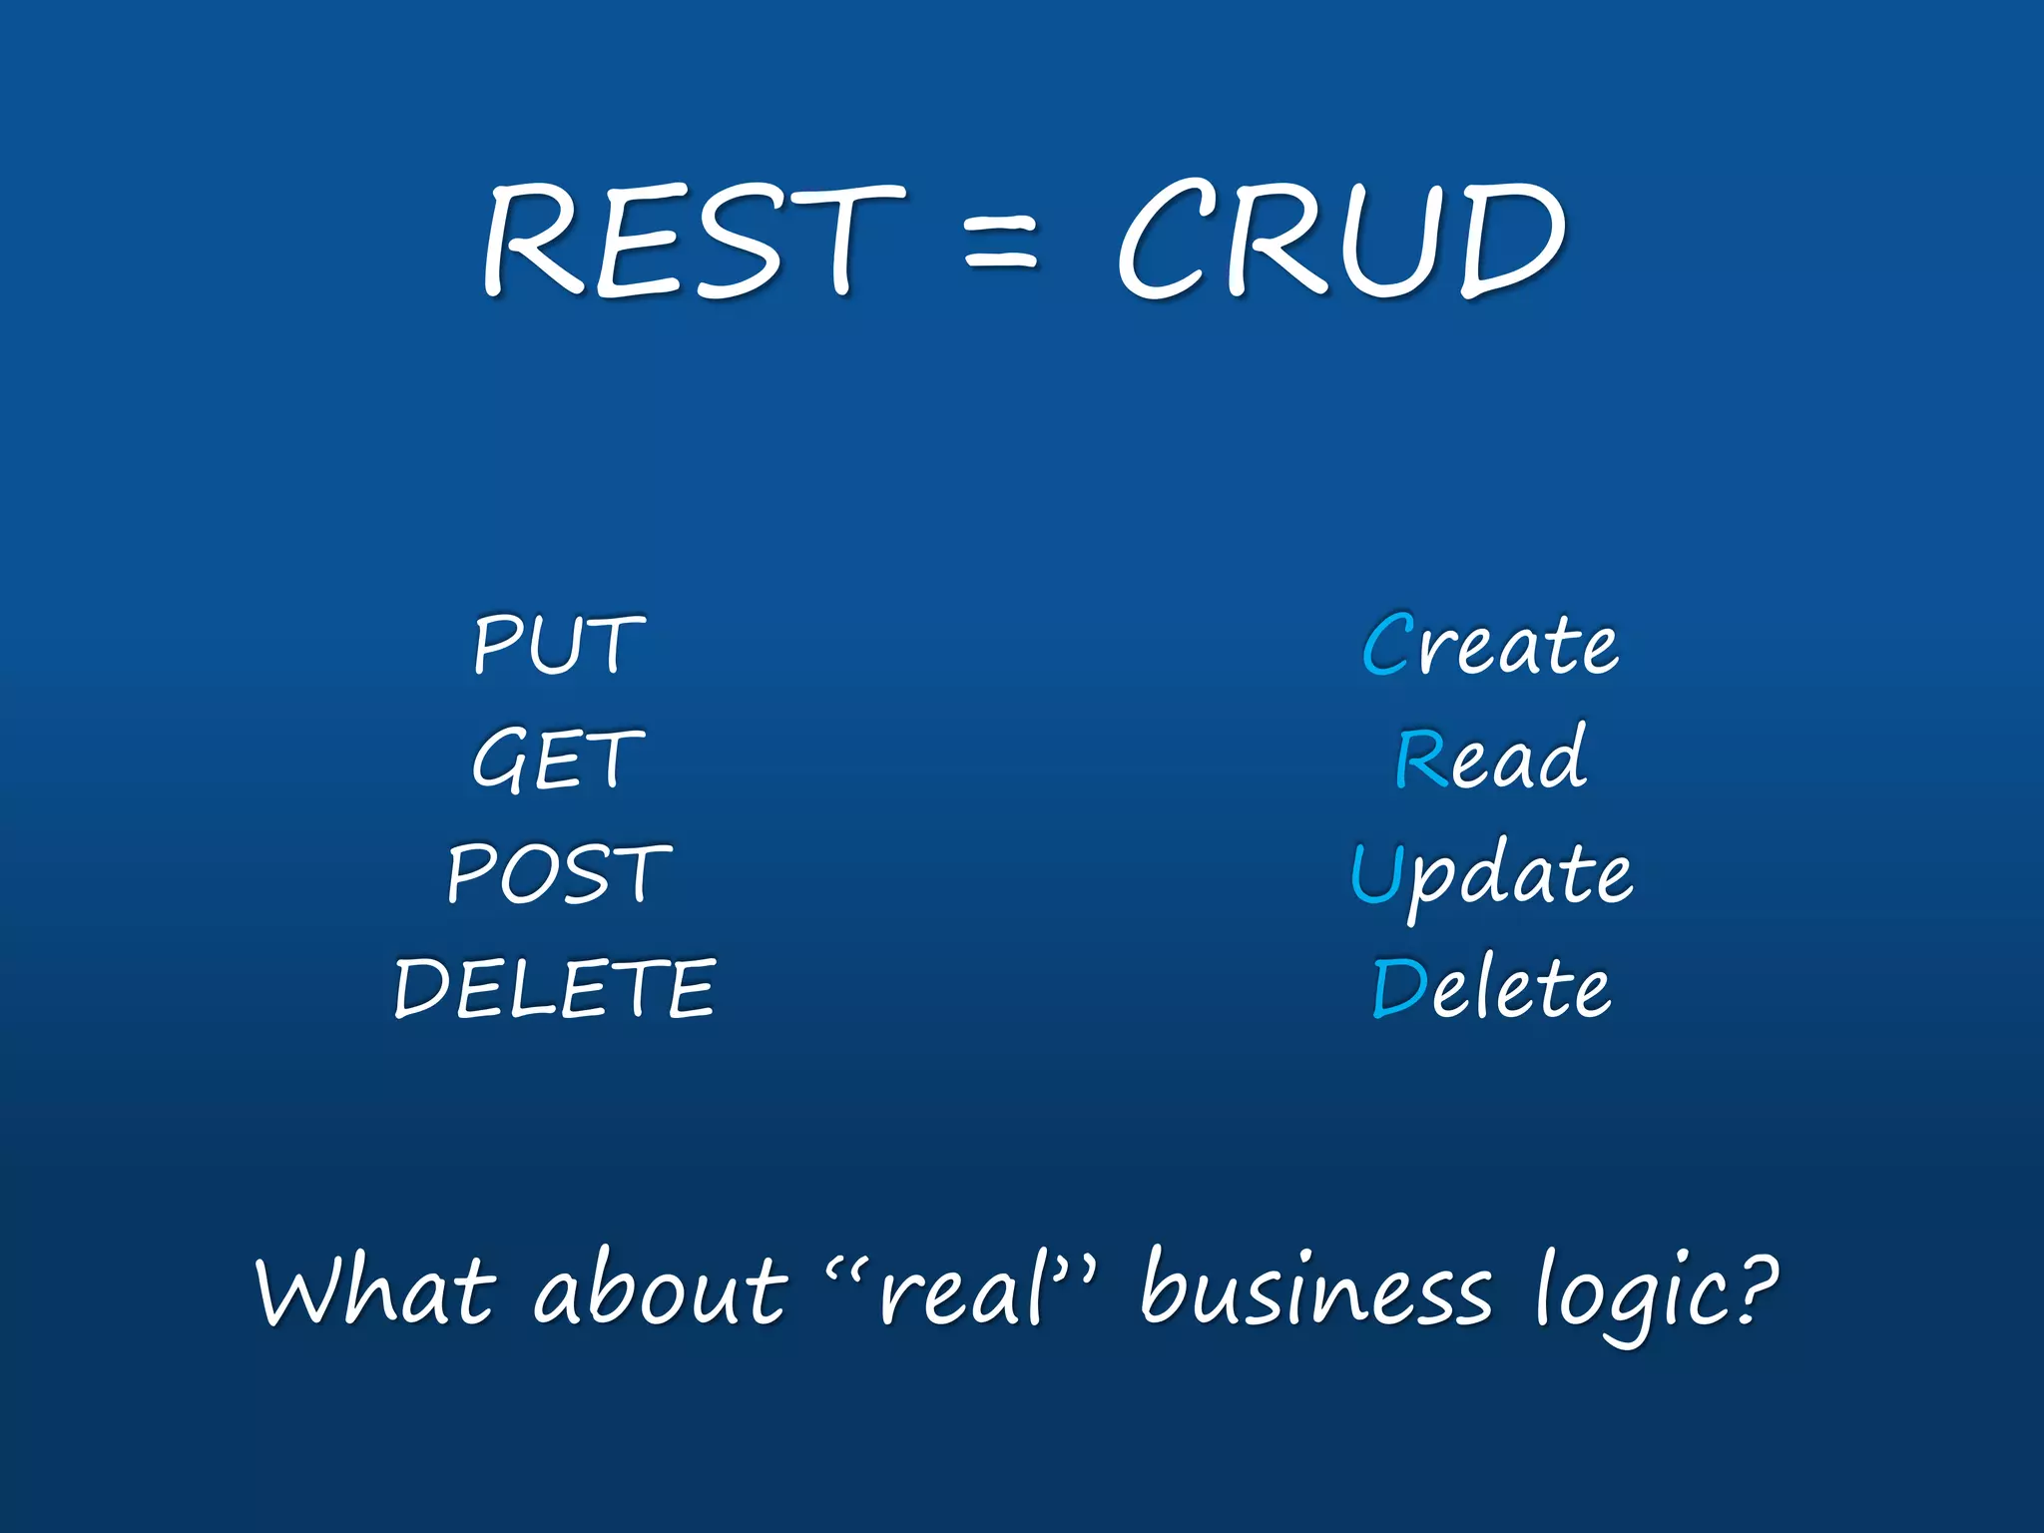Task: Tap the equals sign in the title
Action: (x=1001, y=246)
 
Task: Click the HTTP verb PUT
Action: (x=559, y=645)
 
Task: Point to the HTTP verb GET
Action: (x=558, y=760)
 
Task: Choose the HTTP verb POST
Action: (x=559, y=874)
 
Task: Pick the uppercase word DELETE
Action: (x=555, y=989)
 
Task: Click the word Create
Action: (x=1490, y=645)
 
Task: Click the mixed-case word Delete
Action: (x=1491, y=989)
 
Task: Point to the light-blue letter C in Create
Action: (x=1388, y=645)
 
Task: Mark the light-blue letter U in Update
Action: (x=1376, y=873)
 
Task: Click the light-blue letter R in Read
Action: (x=1421, y=760)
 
